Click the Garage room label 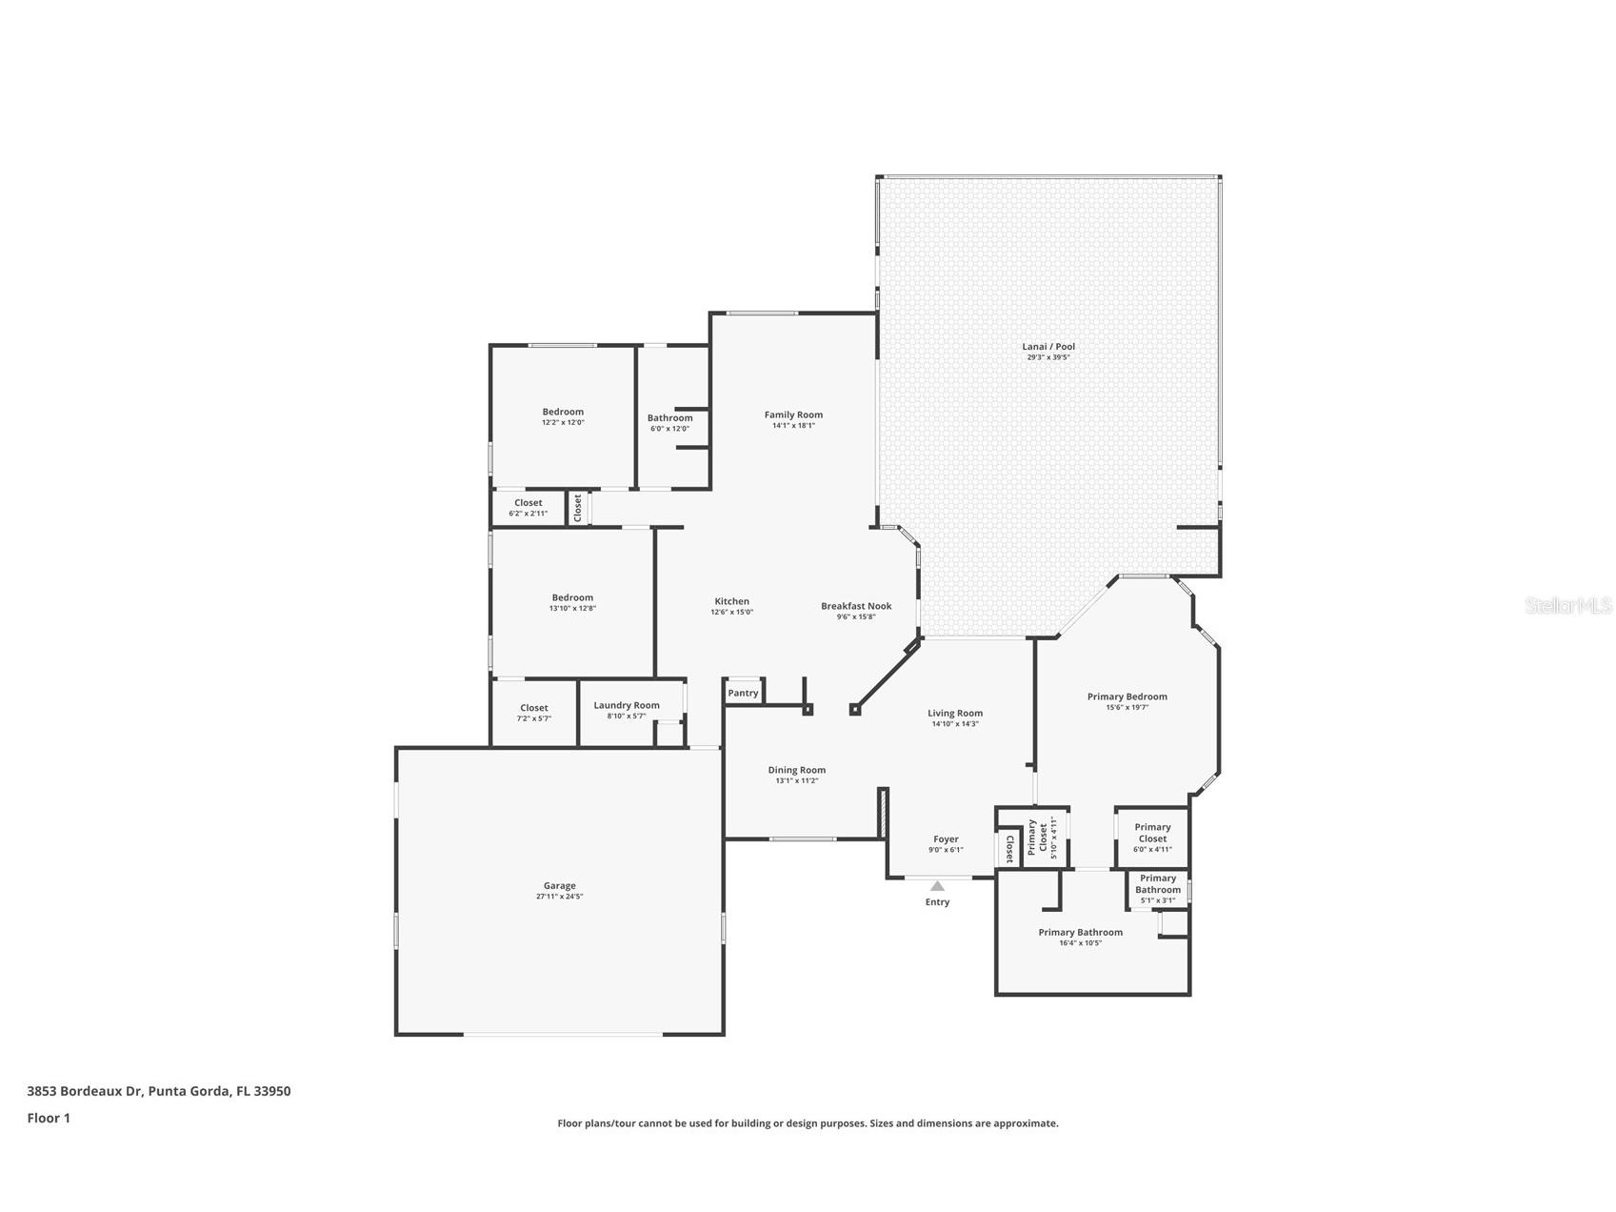coord(559,885)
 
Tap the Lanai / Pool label coord(1048,347)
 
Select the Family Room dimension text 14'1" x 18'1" coord(793,426)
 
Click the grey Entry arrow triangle coord(937,886)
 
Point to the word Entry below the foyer coord(937,902)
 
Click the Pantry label coord(743,693)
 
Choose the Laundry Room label coord(627,705)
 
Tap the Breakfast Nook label coord(856,606)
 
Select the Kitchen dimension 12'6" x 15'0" coord(731,613)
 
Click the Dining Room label coord(797,770)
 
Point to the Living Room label coord(955,713)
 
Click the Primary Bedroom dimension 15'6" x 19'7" coord(1127,708)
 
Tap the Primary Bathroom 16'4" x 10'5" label coord(1080,932)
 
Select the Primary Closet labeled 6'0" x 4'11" coord(1152,833)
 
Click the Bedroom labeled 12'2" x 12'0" coord(563,412)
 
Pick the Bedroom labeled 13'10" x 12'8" coord(572,597)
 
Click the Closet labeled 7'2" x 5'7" coord(534,708)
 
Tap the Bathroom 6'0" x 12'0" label coord(669,417)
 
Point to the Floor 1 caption coord(49,1118)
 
